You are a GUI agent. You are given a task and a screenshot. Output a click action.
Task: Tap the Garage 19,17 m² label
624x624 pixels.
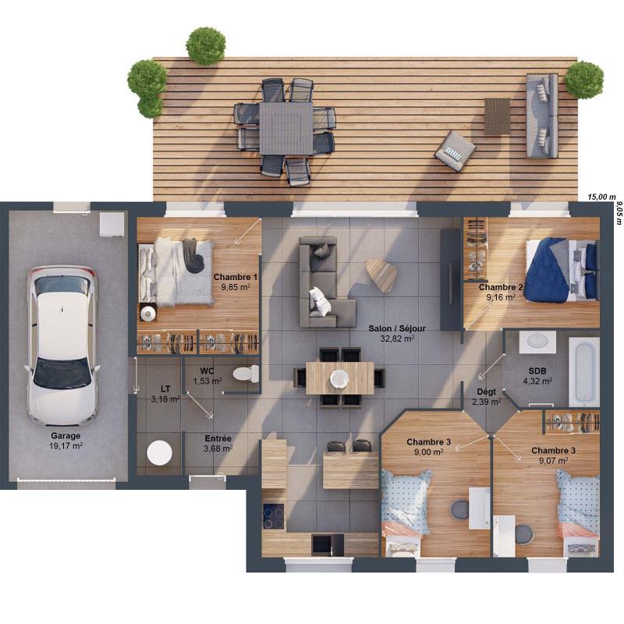pyautogui.click(x=66, y=441)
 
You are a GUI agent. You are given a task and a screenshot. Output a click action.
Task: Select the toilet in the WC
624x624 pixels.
pyautogui.click(x=246, y=373)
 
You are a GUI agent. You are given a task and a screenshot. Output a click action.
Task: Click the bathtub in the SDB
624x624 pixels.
pyautogui.click(x=583, y=371)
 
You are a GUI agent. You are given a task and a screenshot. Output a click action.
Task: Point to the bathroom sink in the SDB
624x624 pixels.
pyautogui.click(x=537, y=341)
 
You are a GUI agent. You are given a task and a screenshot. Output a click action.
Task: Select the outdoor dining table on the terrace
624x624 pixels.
pyautogui.click(x=285, y=128)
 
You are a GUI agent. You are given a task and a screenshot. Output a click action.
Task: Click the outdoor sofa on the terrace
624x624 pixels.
pyautogui.click(x=542, y=115)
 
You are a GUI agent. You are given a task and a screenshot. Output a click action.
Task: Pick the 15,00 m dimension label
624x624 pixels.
pyautogui.click(x=601, y=197)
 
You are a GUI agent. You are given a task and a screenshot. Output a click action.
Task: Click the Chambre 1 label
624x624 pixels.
pyautogui.click(x=235, y=282)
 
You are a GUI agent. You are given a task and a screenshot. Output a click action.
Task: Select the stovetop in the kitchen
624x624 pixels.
pyautogui.click(x=273, y=516)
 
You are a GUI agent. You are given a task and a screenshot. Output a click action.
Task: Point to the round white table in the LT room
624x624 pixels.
pyautogui.click(x=160, y=453)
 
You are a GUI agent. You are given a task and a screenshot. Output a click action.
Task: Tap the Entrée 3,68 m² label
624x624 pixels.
pyautogui.click(x=218, y=443)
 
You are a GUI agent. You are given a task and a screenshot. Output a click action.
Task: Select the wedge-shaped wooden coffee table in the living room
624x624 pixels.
pyautogui.click(x=381, y=274)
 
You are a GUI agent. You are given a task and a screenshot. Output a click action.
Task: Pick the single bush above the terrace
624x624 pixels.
pyautogui.click(x=206, y=46)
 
